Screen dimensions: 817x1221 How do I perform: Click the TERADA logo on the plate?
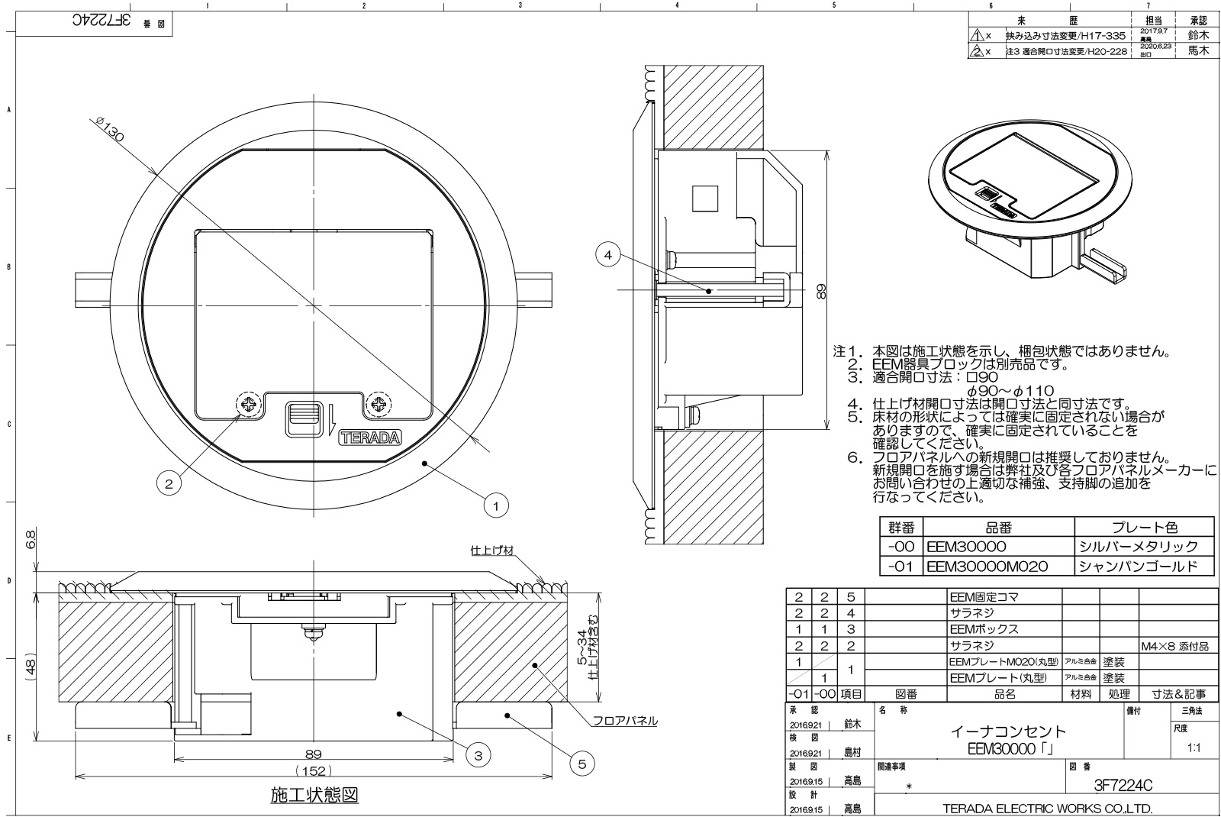coord(369,438)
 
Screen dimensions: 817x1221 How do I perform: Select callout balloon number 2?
coord(169,483)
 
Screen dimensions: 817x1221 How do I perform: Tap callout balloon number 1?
coord(496,505)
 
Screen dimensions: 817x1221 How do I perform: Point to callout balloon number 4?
coord(608,257)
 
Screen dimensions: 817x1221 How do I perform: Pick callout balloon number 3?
coord(478,756)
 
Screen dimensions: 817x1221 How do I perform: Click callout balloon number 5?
coord(582,763)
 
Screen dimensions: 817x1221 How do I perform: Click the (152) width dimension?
coord(314,771)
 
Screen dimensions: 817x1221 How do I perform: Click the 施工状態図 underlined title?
coord(314,796)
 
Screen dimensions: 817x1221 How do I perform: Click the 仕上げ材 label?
coord(492,550)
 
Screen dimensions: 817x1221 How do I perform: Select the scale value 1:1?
coord(1194,748)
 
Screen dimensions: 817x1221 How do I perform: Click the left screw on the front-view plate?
coord(248,405)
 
